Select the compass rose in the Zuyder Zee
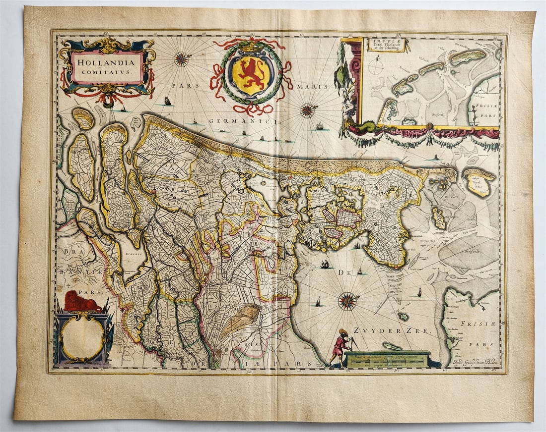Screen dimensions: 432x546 coord(347,301)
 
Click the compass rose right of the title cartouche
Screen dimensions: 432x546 coord(182,59)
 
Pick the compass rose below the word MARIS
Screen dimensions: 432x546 coord(308,110)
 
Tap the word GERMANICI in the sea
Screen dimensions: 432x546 coord(235,120)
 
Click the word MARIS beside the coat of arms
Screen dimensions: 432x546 coord(313,86)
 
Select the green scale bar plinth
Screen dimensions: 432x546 coord(387,359)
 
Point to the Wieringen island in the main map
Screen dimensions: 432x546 coord(439,218)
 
